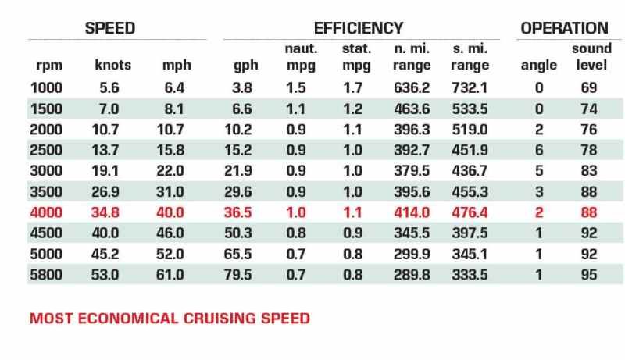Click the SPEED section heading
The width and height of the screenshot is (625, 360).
110,28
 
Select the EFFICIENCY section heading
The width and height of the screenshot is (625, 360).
359,28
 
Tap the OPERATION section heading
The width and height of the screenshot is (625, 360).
564,28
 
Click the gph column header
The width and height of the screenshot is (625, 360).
245,66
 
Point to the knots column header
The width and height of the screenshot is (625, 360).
112,65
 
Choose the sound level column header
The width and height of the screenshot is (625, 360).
591,56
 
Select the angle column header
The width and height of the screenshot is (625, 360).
538,66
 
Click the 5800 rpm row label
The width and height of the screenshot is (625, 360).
46,275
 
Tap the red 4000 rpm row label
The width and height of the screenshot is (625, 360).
46,212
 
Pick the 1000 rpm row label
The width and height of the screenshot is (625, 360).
46,87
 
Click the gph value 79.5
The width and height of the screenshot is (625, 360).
238,275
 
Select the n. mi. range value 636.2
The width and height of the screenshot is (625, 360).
412,87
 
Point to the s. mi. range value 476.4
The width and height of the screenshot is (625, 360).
470,212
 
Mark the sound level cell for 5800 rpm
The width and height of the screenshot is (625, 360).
589,275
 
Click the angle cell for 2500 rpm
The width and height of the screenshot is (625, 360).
539,150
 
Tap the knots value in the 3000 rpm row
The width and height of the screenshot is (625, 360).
105,171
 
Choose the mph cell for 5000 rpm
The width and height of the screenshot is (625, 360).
170,254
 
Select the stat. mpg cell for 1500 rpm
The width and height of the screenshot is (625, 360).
353,109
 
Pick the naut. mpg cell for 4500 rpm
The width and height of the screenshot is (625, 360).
296,233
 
